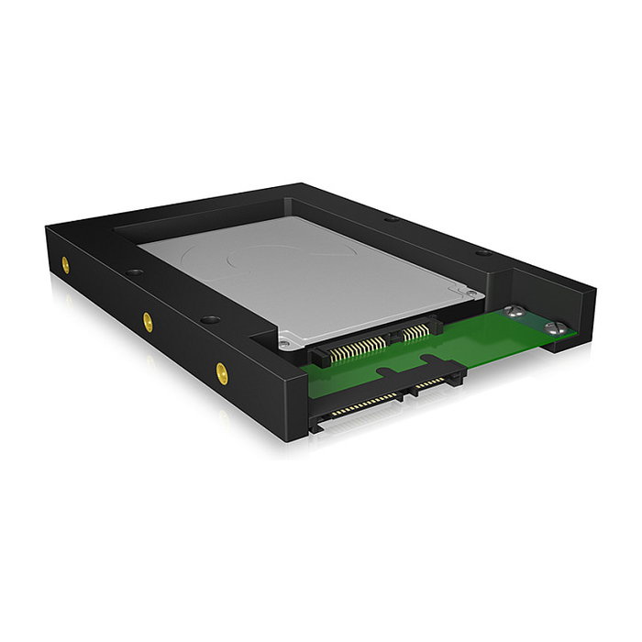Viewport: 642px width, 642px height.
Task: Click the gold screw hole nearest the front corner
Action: (x=222, y=372)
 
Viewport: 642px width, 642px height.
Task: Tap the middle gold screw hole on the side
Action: (x=147, y=320)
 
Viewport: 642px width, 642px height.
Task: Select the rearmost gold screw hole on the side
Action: (x=65, y=264)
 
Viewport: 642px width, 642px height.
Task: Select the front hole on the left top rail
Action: (x=210, y=320)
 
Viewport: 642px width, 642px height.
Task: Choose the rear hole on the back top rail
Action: (x=391, y=219)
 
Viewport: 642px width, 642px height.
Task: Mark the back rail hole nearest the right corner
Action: (x=482, y=251)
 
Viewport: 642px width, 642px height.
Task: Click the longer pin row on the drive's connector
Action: (x=358, y=347)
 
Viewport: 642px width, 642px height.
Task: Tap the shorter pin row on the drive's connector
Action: (x=415, y=330)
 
